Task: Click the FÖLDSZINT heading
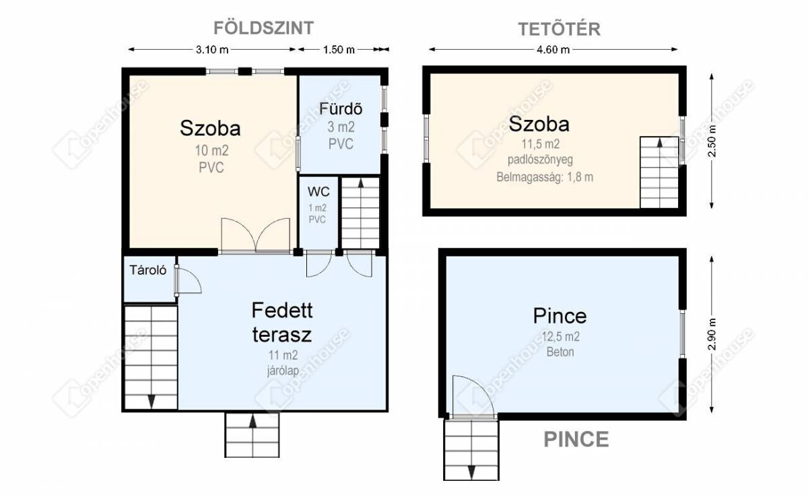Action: pyautogui.click(x=264, y=28)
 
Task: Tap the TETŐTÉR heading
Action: pyautogui.click(x=560, y=29)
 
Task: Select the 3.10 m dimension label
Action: pyautogui.click(x=212, y=50)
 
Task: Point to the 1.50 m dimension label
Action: pyautogui.click(x=339, y=50)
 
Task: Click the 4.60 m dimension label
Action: pyautogui.click(x=553, y=50)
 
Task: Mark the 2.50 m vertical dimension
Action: pyautogui.click(x=712, y=141)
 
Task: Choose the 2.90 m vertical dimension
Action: pyautogui.click(x=712, y=335)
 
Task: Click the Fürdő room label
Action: pyautogui.click(x=341, y=109)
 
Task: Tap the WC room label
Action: pyautogui.click(x=318, y=192)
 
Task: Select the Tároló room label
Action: pyautogui.click(x=148, y=270)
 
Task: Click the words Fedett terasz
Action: pyautogui.click(x=282, y=322)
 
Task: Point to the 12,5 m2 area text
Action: pyautogui.click(x=560, y=337)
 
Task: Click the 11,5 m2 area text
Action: pyautogui.click(x=540, y=144)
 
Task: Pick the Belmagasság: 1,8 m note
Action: pyautogui.click(x=545, y=177)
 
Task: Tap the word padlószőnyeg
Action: pyautogui.click(x=540, y=160)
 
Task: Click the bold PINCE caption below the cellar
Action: pyautogui.click(x=576, y=439)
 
